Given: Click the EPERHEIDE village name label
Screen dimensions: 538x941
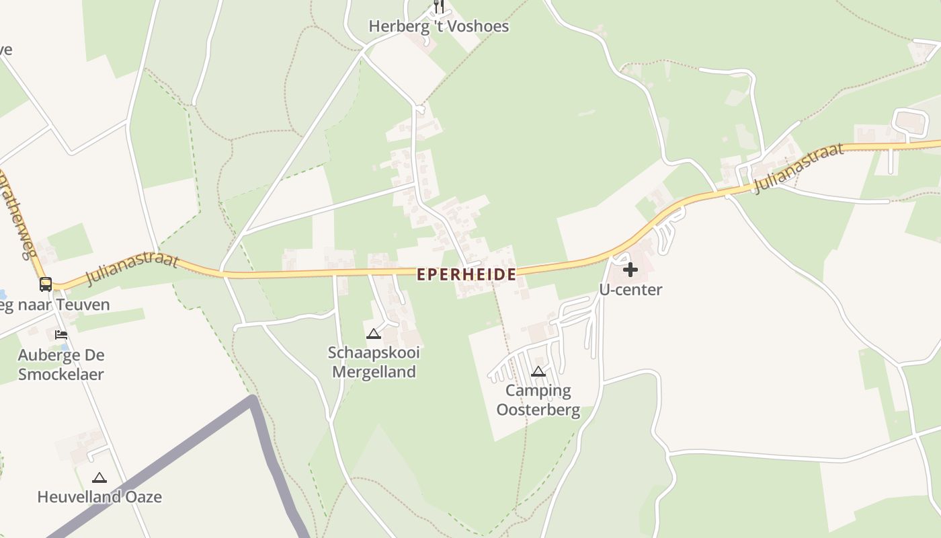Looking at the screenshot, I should point(466,274).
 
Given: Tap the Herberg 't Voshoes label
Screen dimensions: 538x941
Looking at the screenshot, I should point(439,26).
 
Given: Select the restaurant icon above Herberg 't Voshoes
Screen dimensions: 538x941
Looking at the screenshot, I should point(439,6).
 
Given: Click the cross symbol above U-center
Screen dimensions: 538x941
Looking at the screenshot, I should point(630,270).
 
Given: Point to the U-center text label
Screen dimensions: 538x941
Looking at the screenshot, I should point(630,290).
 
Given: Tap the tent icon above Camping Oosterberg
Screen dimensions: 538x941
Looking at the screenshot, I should point(538,371).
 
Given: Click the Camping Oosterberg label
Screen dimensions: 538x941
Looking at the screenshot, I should point(538,400).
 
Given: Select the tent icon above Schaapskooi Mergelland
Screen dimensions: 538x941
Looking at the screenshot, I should point(373,334).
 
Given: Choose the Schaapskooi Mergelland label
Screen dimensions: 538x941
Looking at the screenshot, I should point(374,362).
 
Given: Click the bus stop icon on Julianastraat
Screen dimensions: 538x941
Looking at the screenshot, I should point(46,284).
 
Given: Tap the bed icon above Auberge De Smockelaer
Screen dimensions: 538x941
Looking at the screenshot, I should point(61,334).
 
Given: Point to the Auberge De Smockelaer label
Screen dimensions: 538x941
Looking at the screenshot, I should point(61,364).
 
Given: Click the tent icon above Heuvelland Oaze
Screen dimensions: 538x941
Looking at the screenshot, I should point(99,477).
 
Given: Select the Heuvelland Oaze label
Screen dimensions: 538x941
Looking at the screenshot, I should point(99,497).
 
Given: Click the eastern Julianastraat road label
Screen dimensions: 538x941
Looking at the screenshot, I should point(799,167).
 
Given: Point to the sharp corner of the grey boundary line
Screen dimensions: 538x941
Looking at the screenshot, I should point(253,400).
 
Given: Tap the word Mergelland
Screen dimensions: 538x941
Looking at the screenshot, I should point(374,372).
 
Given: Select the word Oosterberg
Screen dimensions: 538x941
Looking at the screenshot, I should point(538,410).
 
